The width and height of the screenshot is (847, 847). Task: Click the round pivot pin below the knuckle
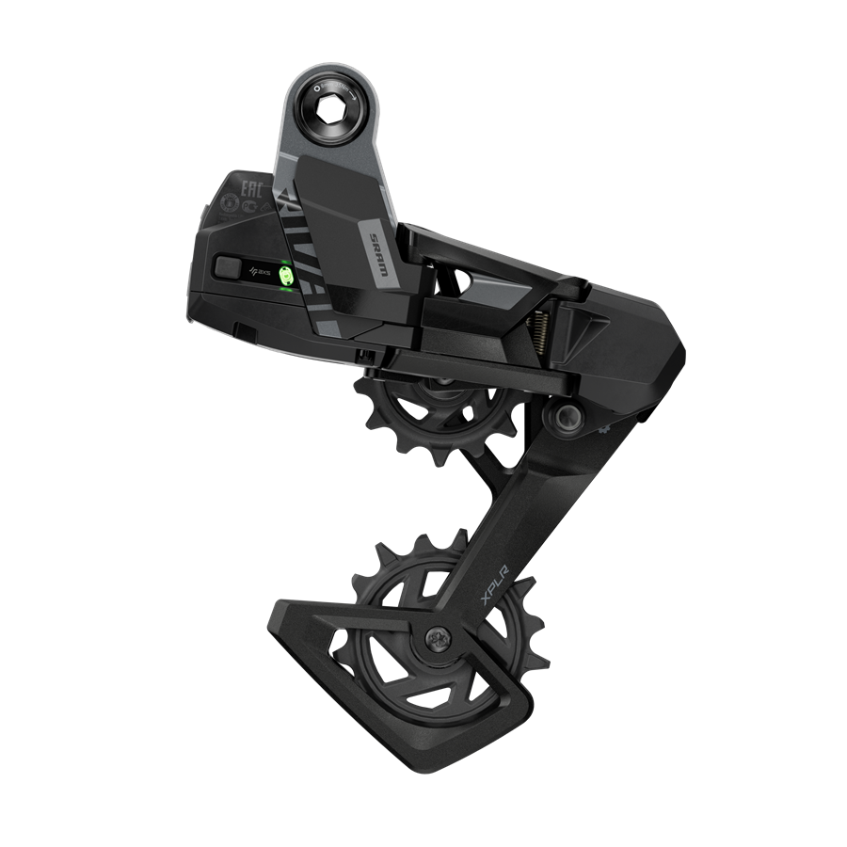pos(564,415)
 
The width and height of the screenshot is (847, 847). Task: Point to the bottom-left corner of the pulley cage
pos(278,622)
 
